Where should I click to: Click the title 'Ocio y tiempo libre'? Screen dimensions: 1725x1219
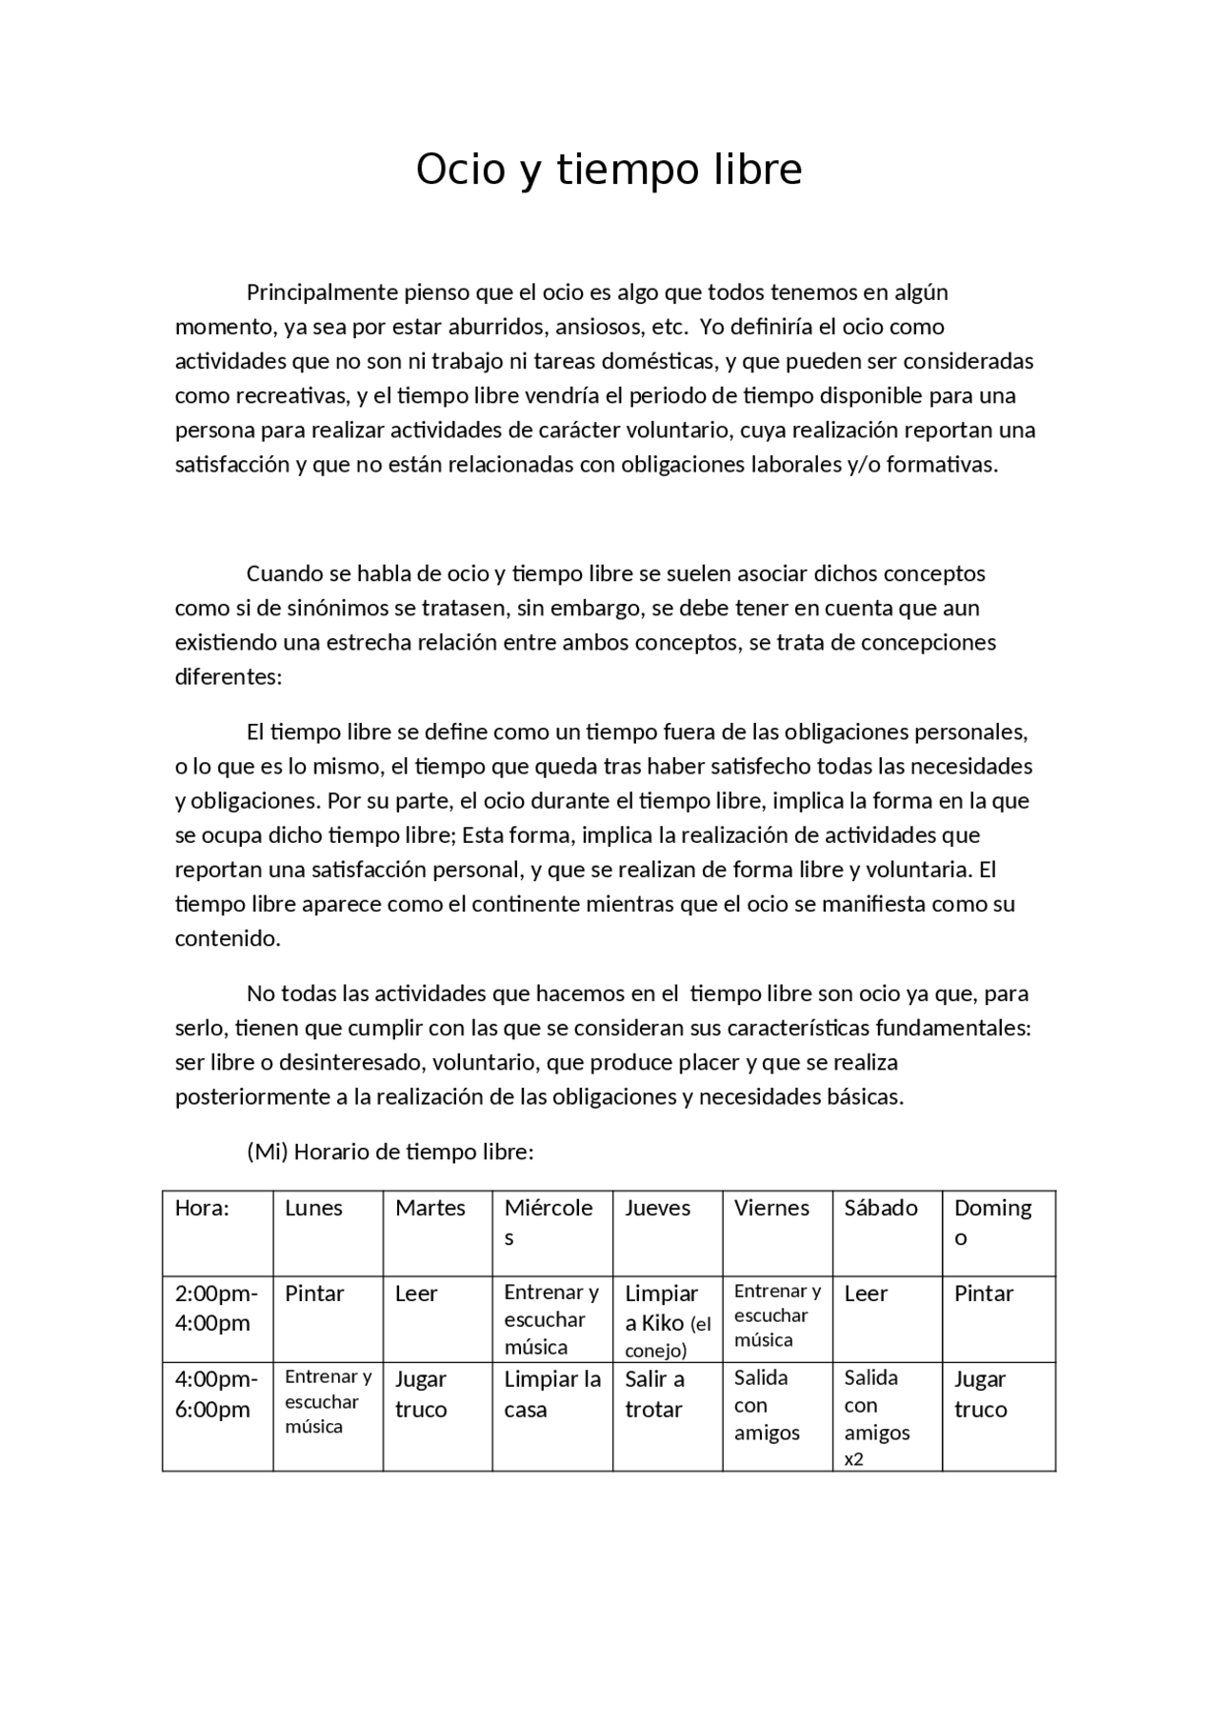pyautogui.click(x=609, y=170)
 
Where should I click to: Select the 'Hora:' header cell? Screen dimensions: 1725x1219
pyautogui.click(x=202, y=1208)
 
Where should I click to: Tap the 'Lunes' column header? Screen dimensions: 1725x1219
pyautogui.click(x=313, y=1208)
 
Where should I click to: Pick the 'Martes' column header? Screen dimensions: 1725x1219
pyautogui.click(x=430, y=1208)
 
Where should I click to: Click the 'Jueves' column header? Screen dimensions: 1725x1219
pyautogui.click(x=657, y=1208)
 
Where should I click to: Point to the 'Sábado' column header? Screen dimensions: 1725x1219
pyautogui.click(x=880, y=1208)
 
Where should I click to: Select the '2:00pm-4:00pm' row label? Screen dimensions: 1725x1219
pyautogui.click(x=216, y=1308)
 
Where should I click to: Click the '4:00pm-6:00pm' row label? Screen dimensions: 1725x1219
pyautogui.click(x=216, y=1394)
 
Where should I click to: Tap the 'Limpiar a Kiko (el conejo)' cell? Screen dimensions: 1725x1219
pyautogui.click(x=667, y=1321)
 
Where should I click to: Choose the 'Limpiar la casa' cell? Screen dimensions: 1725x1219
pyautogui.click(x=552, y=1394)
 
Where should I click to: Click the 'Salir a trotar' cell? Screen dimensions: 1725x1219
pyautogui.click(x=654, y=1394)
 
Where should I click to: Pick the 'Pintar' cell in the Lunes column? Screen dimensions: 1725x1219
pyautogui.click(x=314, y=1294)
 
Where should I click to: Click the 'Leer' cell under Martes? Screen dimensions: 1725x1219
pyautogui.click(x=416, y=1294)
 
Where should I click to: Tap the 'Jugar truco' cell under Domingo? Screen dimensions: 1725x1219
pyautogui.click(x=980, y=1394)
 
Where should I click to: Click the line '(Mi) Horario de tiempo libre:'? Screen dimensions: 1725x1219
pyautogui.click(x=390, y=1152)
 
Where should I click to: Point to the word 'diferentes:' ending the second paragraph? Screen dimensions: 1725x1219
pyautogui.click(x=229, y=677)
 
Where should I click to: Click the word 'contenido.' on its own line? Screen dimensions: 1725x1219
pyautogui.click(x=228, y=938)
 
